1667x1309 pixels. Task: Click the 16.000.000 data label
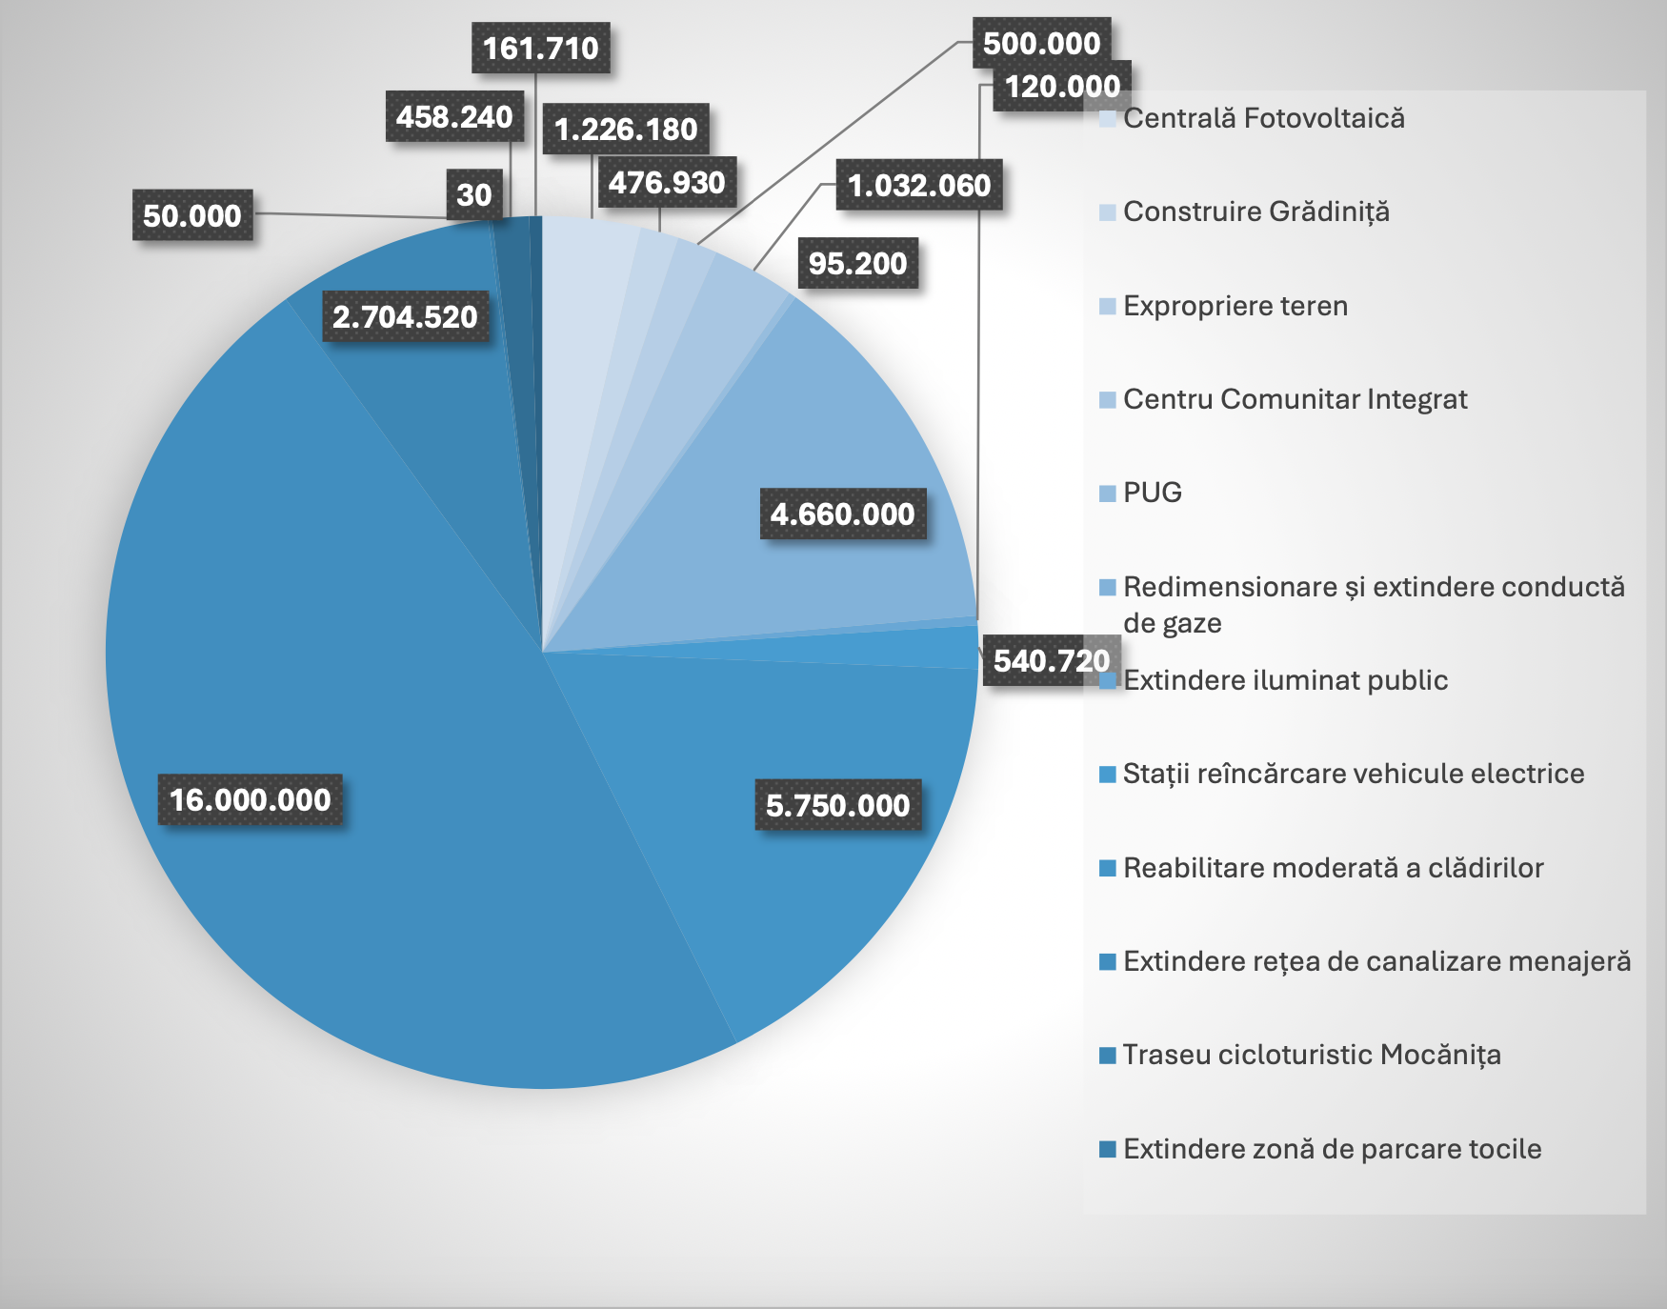251,799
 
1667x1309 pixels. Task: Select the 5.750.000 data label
837,805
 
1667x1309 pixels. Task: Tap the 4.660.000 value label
843,514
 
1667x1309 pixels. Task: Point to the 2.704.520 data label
405,316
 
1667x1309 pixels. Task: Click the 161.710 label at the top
540,48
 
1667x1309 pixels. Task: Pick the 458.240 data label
454,116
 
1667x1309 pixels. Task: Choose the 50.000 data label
192,215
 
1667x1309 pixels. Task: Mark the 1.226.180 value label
626,129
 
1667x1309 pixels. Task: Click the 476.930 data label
667,182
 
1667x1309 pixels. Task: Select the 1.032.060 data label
919,185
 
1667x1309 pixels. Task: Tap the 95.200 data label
857,263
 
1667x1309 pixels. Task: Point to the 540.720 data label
1051,660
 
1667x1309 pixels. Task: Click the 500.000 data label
1041,43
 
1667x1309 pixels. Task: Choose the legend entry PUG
1152,493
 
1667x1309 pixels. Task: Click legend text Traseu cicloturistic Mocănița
1311,1055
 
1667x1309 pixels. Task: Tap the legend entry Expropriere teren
1235,306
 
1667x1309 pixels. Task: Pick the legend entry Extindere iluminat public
1285,680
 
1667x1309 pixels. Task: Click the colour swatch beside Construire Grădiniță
1107,212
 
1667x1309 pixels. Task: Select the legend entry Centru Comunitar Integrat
1295,399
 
